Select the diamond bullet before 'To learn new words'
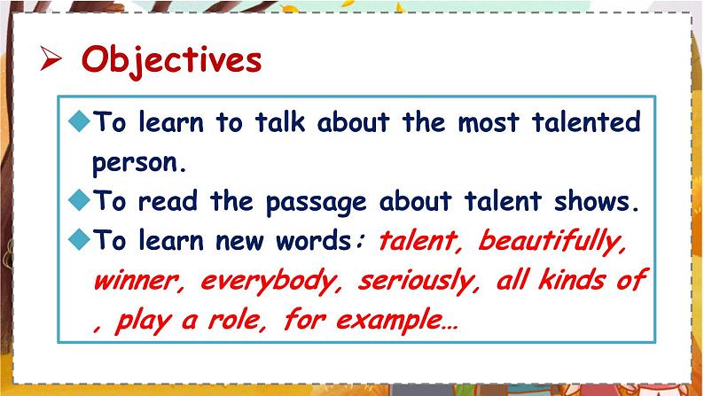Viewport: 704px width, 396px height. [x=81, y=239]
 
